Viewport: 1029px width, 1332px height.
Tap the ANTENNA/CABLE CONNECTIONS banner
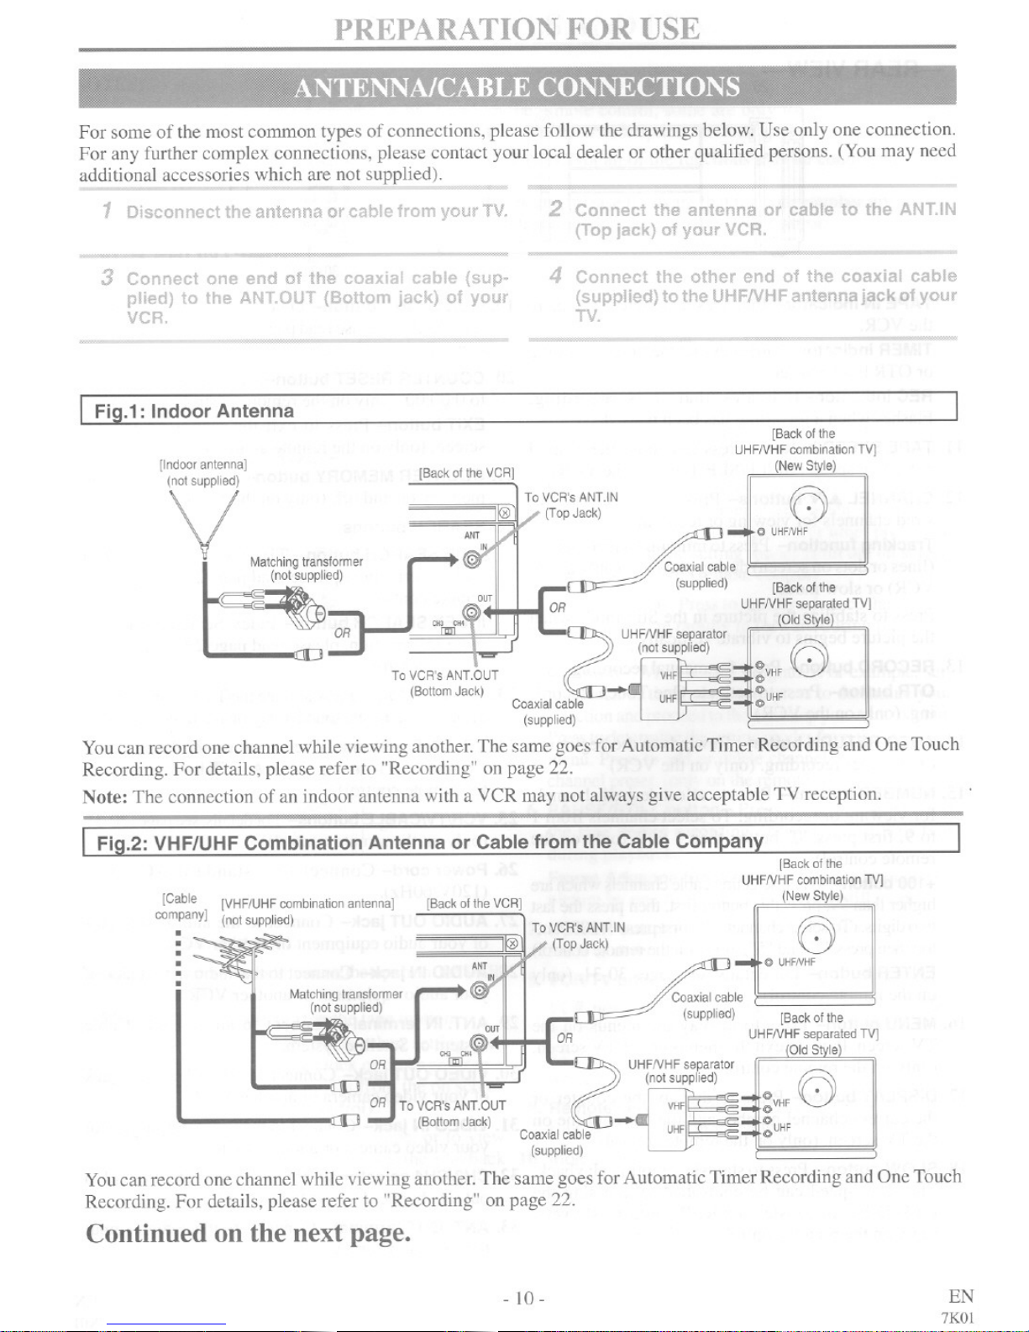(x=517, y=87)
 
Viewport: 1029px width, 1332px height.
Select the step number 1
(x=107, y=210)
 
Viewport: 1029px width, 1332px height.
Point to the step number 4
(x=555, y=276)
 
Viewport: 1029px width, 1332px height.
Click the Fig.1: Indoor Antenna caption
(x=194, y=411)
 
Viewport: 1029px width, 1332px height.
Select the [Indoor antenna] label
(x=202, y=464)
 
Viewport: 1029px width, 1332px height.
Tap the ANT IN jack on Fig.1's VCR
(x=472, y=561)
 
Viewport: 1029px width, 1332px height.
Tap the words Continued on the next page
(x=249, y=1233)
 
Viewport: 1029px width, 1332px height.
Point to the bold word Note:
(x=104, y=796)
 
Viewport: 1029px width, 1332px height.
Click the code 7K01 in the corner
(x=958, y=1317)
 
